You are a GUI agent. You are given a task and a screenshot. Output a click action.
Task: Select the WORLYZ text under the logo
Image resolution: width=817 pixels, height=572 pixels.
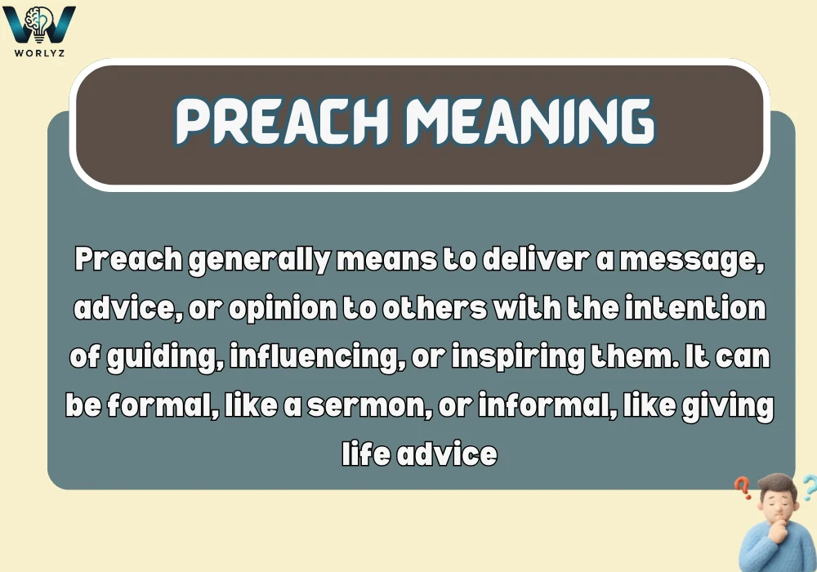coord(40,52)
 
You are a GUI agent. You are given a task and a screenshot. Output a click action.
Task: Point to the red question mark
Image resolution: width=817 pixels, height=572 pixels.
coord(743,489)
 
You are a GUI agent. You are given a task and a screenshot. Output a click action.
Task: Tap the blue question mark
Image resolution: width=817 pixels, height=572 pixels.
coord(808,489)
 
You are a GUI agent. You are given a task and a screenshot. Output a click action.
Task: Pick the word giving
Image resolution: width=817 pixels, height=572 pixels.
coord(728,405)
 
